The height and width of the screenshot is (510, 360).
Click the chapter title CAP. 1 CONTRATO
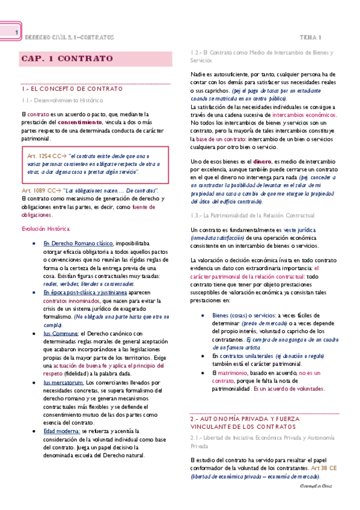[x=67, y=58]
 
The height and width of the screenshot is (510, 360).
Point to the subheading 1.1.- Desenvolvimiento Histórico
[x=61, y=100]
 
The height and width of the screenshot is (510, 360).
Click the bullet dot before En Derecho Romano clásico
[x=38, y=243]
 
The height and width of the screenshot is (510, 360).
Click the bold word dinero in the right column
[x=261, y=161]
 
